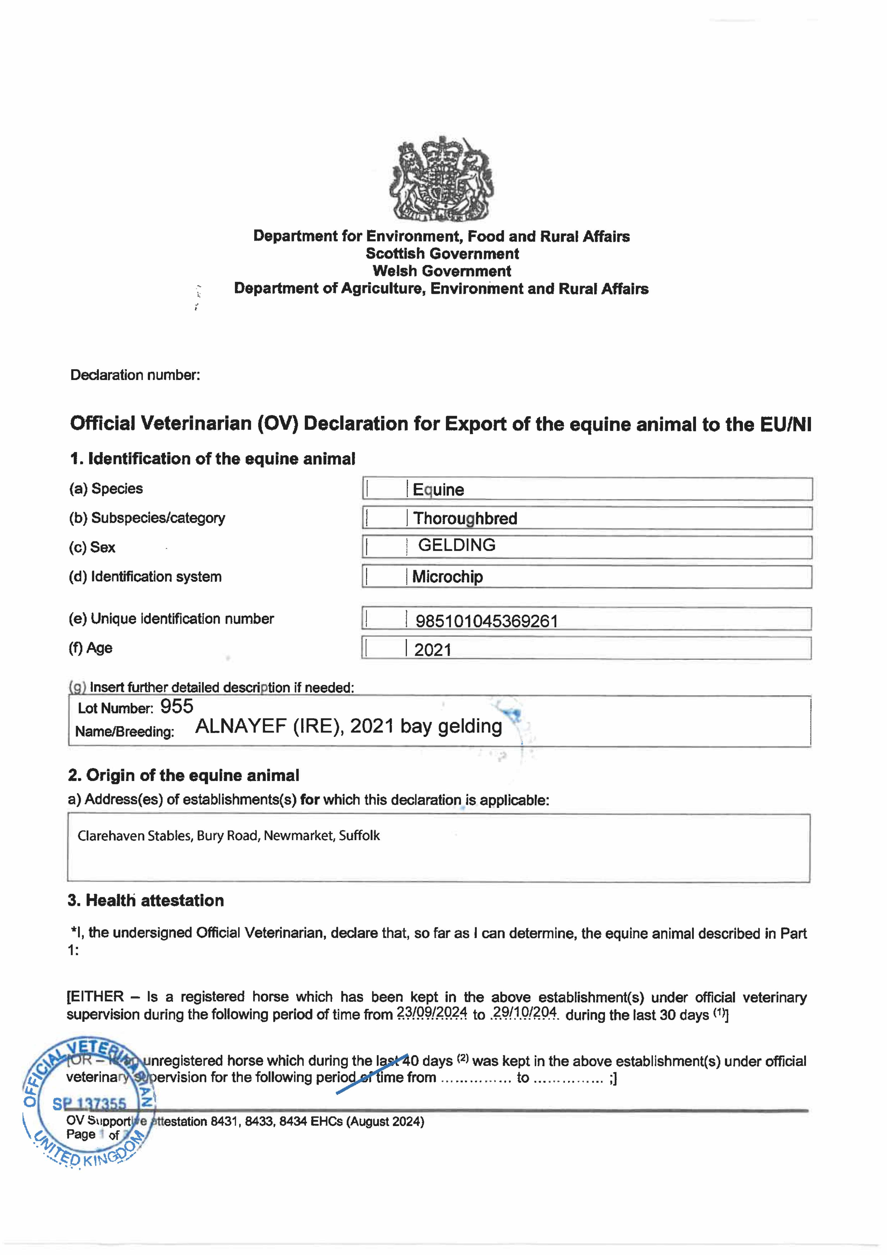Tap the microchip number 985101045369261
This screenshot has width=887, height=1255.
click(x=486, y=621)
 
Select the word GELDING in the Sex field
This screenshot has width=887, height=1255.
click(x=457, y=545)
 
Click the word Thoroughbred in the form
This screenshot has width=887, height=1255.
click(x=465, y=518)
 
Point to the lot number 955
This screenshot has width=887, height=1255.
click(x=177, y=706)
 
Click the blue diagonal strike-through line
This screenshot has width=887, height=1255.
click(x=372, y=1074)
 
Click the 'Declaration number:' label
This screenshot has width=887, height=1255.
click(x=135, y=375)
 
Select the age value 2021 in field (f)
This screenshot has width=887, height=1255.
click(x=433, y=650)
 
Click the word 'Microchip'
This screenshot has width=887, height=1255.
click(x=448, y=577)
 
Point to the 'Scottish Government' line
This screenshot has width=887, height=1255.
click(x=442, y=254)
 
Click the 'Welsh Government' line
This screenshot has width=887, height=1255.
click(x=442, y=271)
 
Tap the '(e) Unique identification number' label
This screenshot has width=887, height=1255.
click(x=171, y=619)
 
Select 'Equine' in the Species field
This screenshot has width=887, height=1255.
click(x=438, y=490)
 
